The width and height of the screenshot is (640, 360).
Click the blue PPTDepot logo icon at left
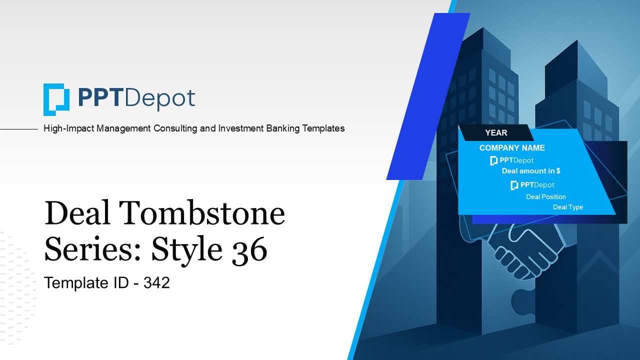click(x=56, y=99)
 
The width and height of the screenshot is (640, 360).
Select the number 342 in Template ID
click(x=156, y=283)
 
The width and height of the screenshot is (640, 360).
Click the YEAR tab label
click(x=496, y=133)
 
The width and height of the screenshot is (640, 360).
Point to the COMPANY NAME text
click(x=512, y=148)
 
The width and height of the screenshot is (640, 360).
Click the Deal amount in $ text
click(x=531, y=171)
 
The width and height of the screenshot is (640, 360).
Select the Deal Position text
click(x=546, y=197)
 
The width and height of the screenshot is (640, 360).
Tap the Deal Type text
click(x=567, y=207)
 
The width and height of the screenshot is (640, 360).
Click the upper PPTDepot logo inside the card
click(x=512, y=160)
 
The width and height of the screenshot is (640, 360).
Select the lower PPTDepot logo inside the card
click(x=532, y=185)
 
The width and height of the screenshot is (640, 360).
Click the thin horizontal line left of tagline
click(x=19, y=129)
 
